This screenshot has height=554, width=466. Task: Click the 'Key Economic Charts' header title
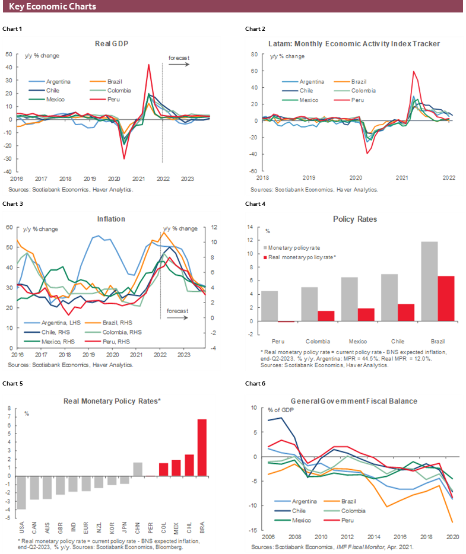click(52, 7)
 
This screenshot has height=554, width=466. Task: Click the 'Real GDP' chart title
click(112, 43)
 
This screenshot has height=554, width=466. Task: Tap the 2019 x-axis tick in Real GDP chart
click(90, 179)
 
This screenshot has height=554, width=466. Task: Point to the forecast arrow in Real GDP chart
click(179, 64)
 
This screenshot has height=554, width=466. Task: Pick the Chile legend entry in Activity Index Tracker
click(306, 91)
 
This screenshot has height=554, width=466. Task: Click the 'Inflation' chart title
click(111, 219)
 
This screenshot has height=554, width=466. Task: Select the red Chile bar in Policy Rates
click(405, 313)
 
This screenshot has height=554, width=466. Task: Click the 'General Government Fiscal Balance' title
click(353, 401)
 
